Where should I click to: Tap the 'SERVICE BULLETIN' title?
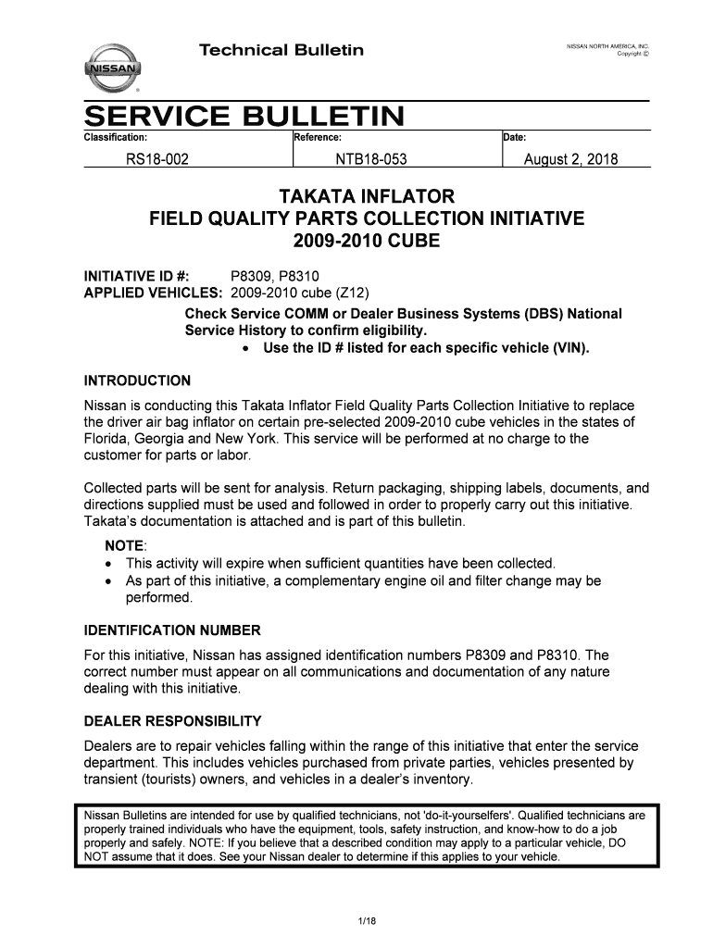[245, 118]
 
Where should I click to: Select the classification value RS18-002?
[157, 160]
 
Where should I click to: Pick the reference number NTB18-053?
[371, 160]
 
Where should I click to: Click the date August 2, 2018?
[571, 160]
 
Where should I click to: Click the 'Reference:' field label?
[319, 137]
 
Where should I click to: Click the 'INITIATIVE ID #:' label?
[131, 277]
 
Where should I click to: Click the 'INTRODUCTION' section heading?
[137, 380]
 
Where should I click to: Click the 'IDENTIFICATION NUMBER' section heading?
[172, 630]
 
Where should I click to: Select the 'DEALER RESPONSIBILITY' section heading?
[173, 720]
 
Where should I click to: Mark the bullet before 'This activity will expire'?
[111, 564]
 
